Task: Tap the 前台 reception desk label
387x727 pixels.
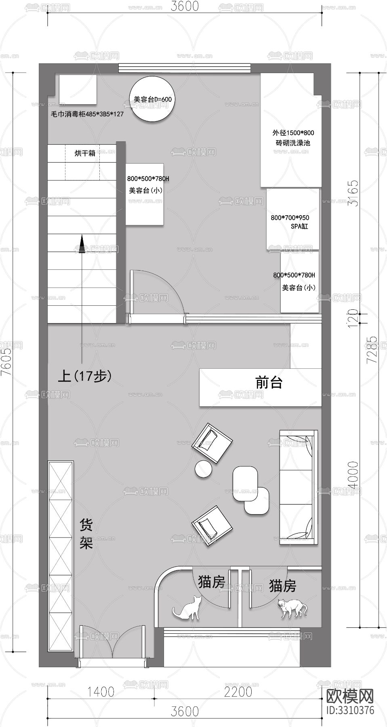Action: pos(269,382)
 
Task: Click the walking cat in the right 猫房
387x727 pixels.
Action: pos(292,608)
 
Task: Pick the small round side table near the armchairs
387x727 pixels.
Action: pos(203,469)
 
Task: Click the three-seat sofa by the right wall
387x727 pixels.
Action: pos(298,488)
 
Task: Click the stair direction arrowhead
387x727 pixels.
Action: pos(82,244)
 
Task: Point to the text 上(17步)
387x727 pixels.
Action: pos(84,376)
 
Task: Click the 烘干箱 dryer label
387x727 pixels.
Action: pos(85,153)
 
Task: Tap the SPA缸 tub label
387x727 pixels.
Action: pos(299,227)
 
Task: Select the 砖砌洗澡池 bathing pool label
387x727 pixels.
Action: pos(293,143)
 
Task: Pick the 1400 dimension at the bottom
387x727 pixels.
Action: pos(101,692)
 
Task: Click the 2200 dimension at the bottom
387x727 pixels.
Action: pos(238,692)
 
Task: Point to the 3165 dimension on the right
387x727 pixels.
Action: pos(353,193)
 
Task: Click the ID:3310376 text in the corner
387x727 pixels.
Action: pos(350,710)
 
